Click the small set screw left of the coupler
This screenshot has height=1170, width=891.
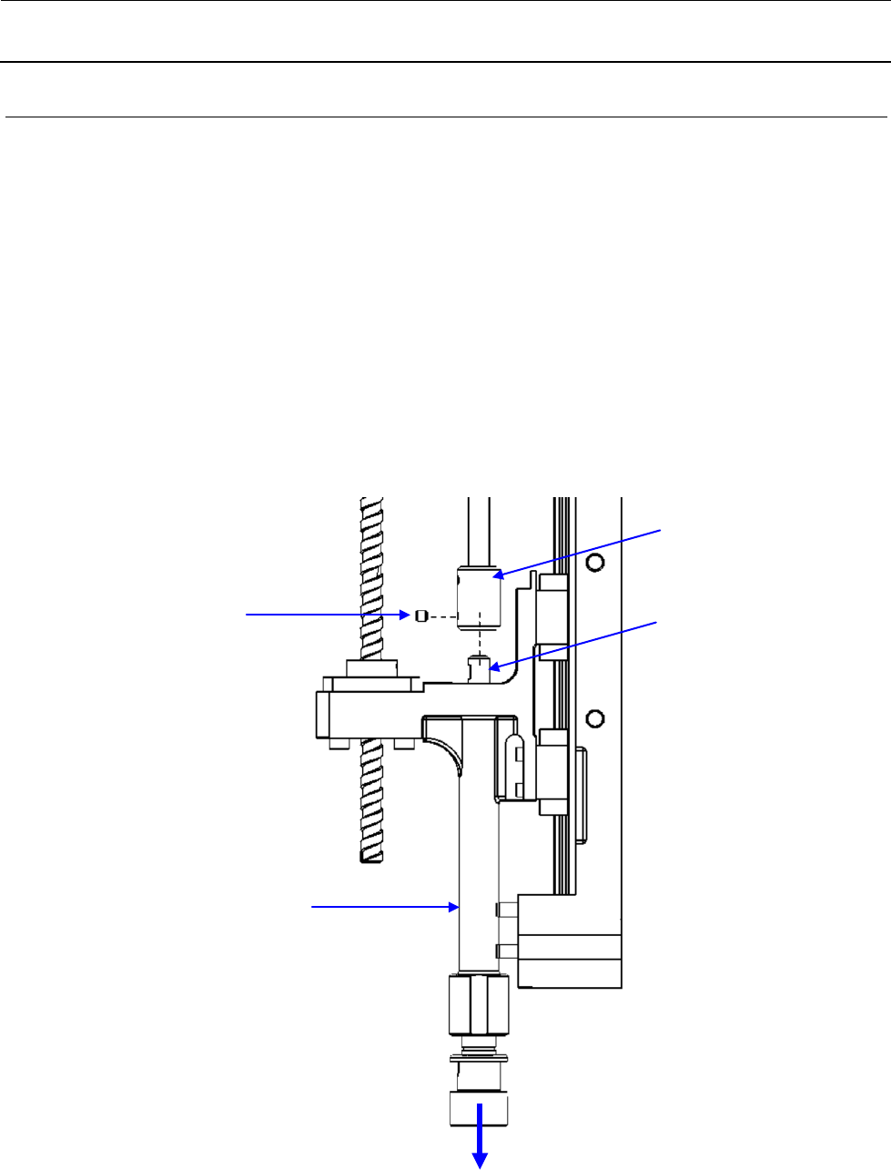(421, 616)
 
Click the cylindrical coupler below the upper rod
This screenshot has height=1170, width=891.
(479, 598)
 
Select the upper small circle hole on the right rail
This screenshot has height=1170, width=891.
(595, 562)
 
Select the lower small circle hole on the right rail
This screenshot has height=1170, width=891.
(595, 719)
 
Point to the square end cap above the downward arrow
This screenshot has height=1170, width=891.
(479, 1107)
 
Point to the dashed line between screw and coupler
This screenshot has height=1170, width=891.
(442, 616)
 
